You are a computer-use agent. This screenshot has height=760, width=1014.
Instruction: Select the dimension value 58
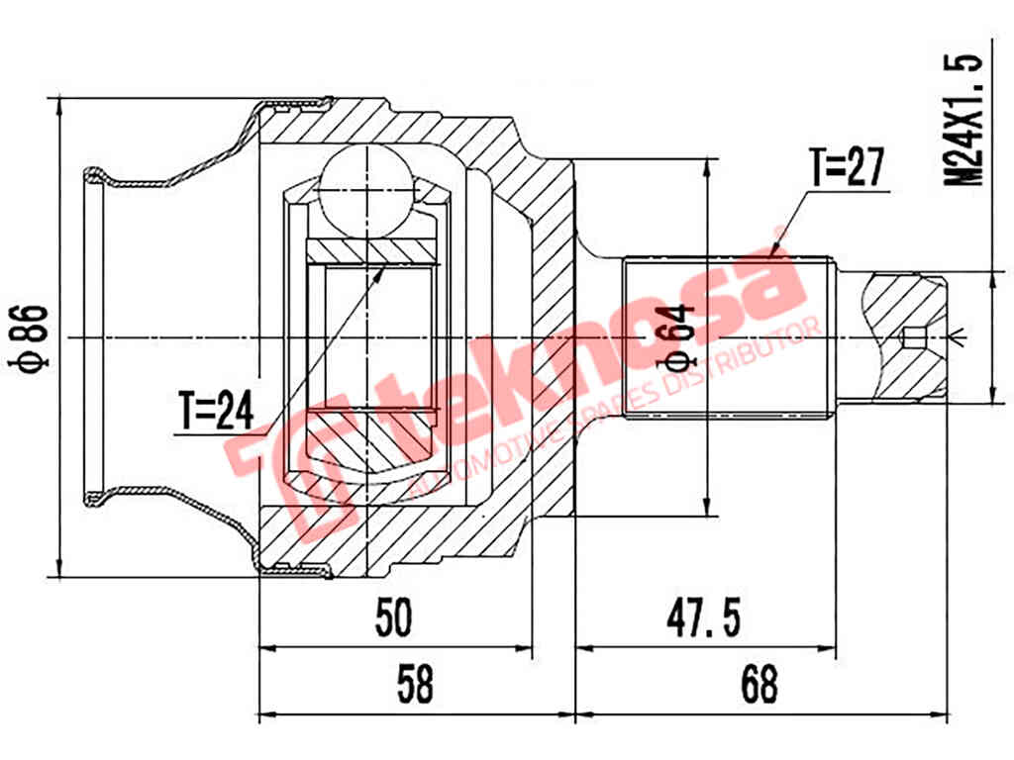click(x=415, y=684)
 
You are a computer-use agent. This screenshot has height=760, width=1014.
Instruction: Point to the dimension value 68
click(x=758, y=684)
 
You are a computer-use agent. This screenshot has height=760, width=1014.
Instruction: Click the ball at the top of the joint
click(x=365, y=187)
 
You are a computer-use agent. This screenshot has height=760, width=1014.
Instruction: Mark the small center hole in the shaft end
click(x=915, y=338)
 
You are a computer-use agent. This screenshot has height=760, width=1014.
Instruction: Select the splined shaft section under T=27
click(x=728, y=337)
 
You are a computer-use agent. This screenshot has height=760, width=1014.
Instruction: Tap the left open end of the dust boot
click(x=94, y=337)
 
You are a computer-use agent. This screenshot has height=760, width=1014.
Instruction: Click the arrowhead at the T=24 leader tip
click(x=380, y=270)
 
